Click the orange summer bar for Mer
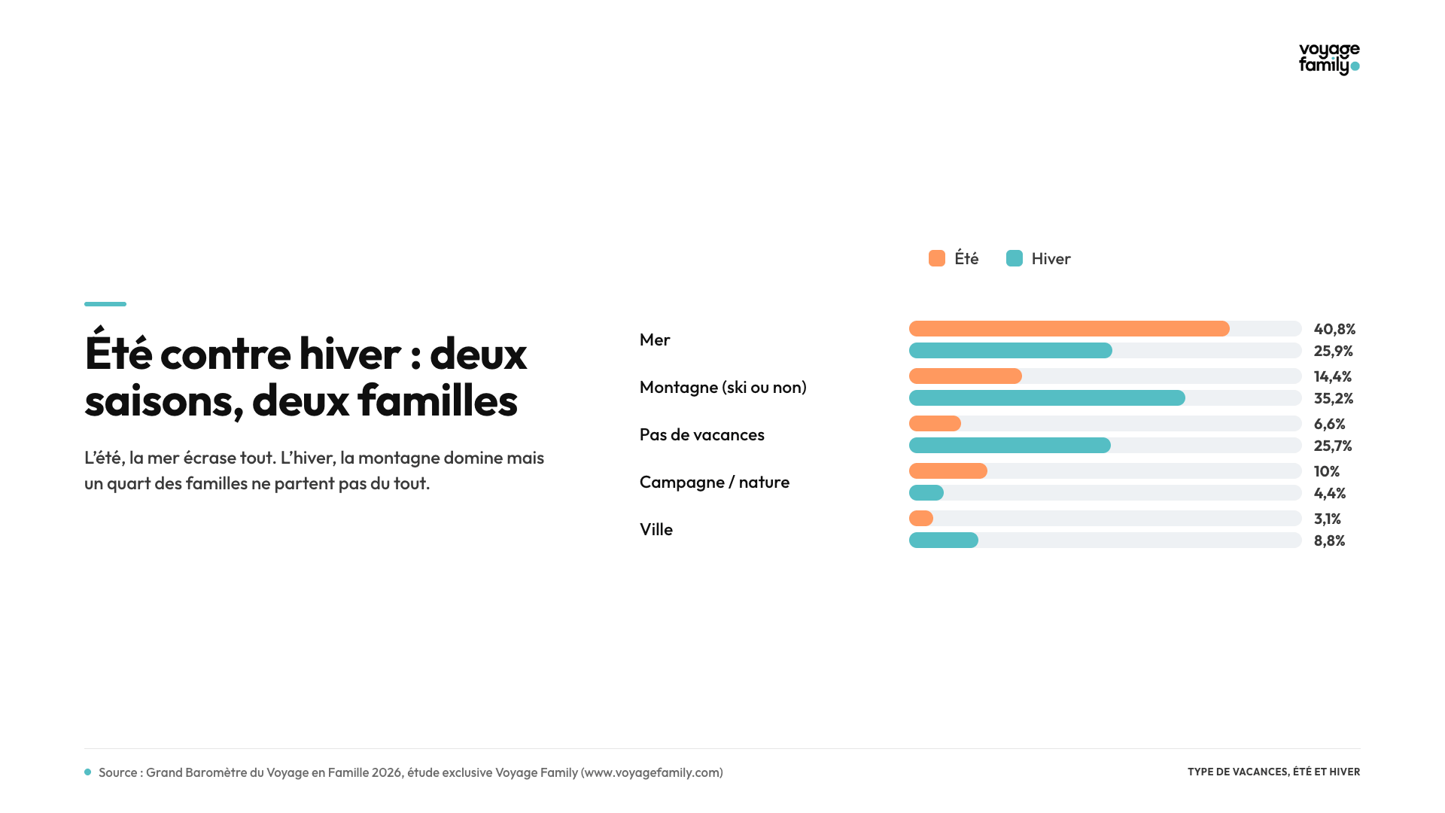coord(1069,329)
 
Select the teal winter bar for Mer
coord(1011,351)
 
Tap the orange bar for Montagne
coord(966,376)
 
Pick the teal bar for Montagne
coord(1047,398)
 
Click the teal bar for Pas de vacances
coord(1010,446)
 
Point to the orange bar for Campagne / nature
coord(948,471)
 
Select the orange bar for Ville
coord(921,519)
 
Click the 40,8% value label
coord(1334,329)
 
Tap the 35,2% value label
coord(1334,398)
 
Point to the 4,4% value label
coord(1330,493)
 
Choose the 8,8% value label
coord(1329,540)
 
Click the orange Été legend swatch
coord(937,258)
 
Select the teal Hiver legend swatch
coord(1015,258)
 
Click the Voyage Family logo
coord(1329,59)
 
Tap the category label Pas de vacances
coord(702,434)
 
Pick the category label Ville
coord(656,529)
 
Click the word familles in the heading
coord(437,400)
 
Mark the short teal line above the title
coord(105,304)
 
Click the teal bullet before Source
coord(88,772)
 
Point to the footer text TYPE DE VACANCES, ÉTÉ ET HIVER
coord(1274,772)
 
